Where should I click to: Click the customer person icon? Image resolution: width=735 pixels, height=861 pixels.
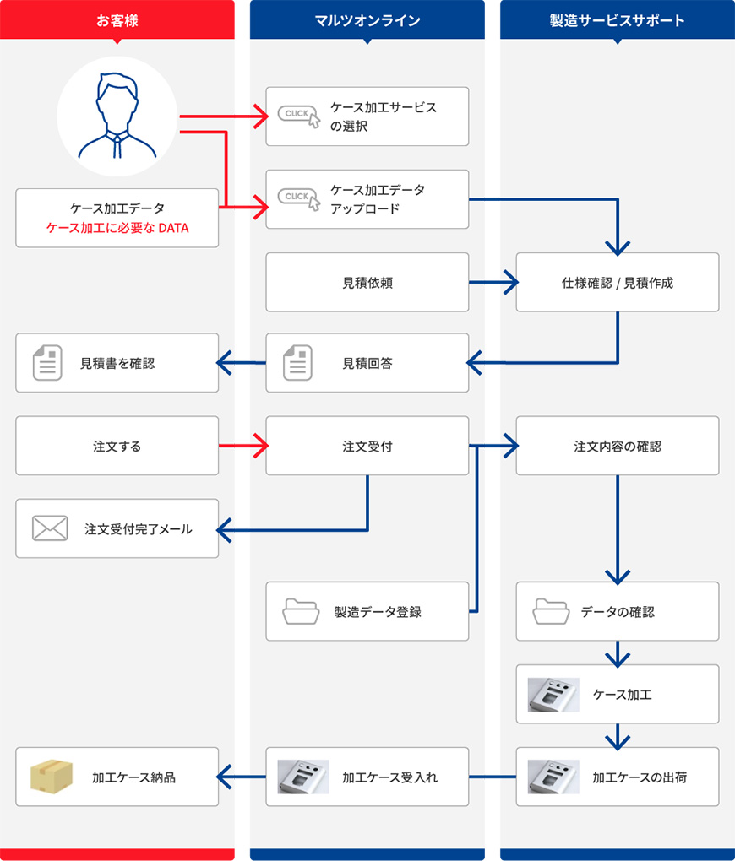point(117,116)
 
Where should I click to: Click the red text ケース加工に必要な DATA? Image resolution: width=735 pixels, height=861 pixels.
point(117,228)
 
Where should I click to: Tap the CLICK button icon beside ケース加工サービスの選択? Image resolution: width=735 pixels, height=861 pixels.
point(299,116)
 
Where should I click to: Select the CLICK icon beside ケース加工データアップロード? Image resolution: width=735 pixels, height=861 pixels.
point(299,198)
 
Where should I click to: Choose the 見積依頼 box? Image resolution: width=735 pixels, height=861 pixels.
point(367,282)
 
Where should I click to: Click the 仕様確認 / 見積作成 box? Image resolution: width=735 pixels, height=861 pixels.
point(618,282)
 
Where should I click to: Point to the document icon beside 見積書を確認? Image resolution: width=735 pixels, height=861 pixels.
point(47,363)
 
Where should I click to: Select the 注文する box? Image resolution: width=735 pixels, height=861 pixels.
point(117,446)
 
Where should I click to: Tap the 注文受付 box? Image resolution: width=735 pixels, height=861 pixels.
point(367,446)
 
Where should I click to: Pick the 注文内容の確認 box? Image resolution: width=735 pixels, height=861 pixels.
point(618,446)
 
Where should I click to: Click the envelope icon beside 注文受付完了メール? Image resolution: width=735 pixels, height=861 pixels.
point(49,528)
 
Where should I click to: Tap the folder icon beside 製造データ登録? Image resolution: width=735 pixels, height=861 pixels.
point(300,611)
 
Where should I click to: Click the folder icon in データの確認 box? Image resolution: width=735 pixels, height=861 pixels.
point(550,611)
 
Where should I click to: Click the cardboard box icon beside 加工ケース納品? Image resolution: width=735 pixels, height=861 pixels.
point(52,777)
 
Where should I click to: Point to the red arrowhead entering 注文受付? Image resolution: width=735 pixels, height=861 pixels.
point(259,446)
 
